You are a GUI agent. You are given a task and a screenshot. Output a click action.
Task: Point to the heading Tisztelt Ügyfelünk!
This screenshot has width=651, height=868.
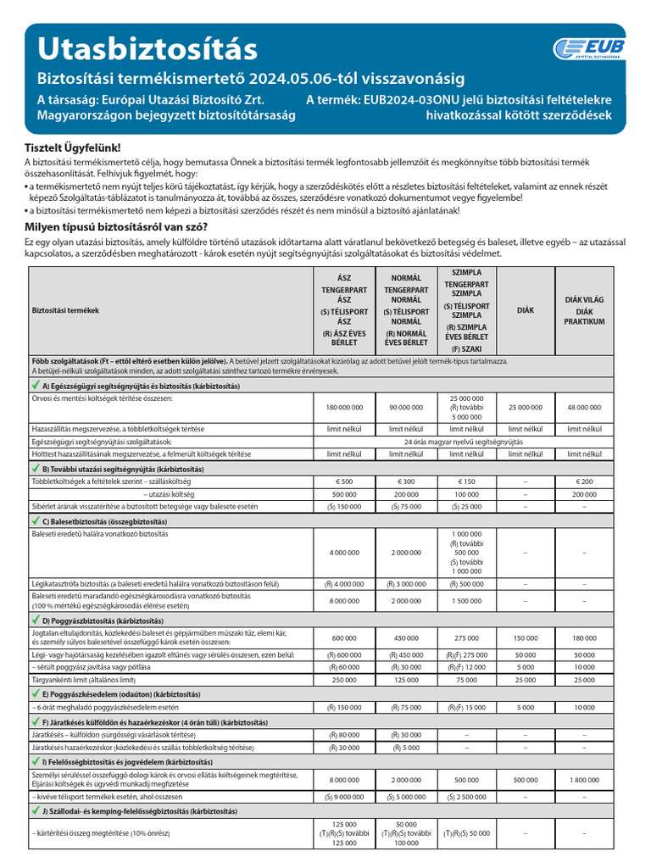[x=73, y=147]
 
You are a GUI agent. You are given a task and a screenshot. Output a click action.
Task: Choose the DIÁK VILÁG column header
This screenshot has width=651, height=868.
[x=584, y=311]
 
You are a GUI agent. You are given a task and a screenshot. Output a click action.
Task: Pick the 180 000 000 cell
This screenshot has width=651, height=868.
[x=343, y=407]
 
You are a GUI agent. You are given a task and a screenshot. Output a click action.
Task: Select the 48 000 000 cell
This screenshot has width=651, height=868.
[x=584, y=407]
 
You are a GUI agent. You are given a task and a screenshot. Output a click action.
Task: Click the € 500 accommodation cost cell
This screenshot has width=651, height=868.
[x=343, y=481]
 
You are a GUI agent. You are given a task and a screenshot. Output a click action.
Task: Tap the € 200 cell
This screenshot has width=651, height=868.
[x=584, y=481]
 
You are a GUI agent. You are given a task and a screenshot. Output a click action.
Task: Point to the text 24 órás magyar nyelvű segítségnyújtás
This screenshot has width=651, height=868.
[x=463, y=442]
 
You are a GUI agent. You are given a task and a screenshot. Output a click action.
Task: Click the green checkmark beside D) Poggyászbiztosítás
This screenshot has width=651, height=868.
[x=35, y=620]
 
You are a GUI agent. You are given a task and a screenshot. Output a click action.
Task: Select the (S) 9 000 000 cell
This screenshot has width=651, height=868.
[x=343, y=797]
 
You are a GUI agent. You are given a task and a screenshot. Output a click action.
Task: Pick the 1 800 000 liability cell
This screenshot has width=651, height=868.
[x=584, y=779]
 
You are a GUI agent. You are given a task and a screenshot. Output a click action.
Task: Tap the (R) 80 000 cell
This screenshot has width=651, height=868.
[x=343, y=735]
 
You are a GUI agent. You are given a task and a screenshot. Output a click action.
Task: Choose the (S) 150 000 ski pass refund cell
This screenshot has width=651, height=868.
[x=343, y=506]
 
